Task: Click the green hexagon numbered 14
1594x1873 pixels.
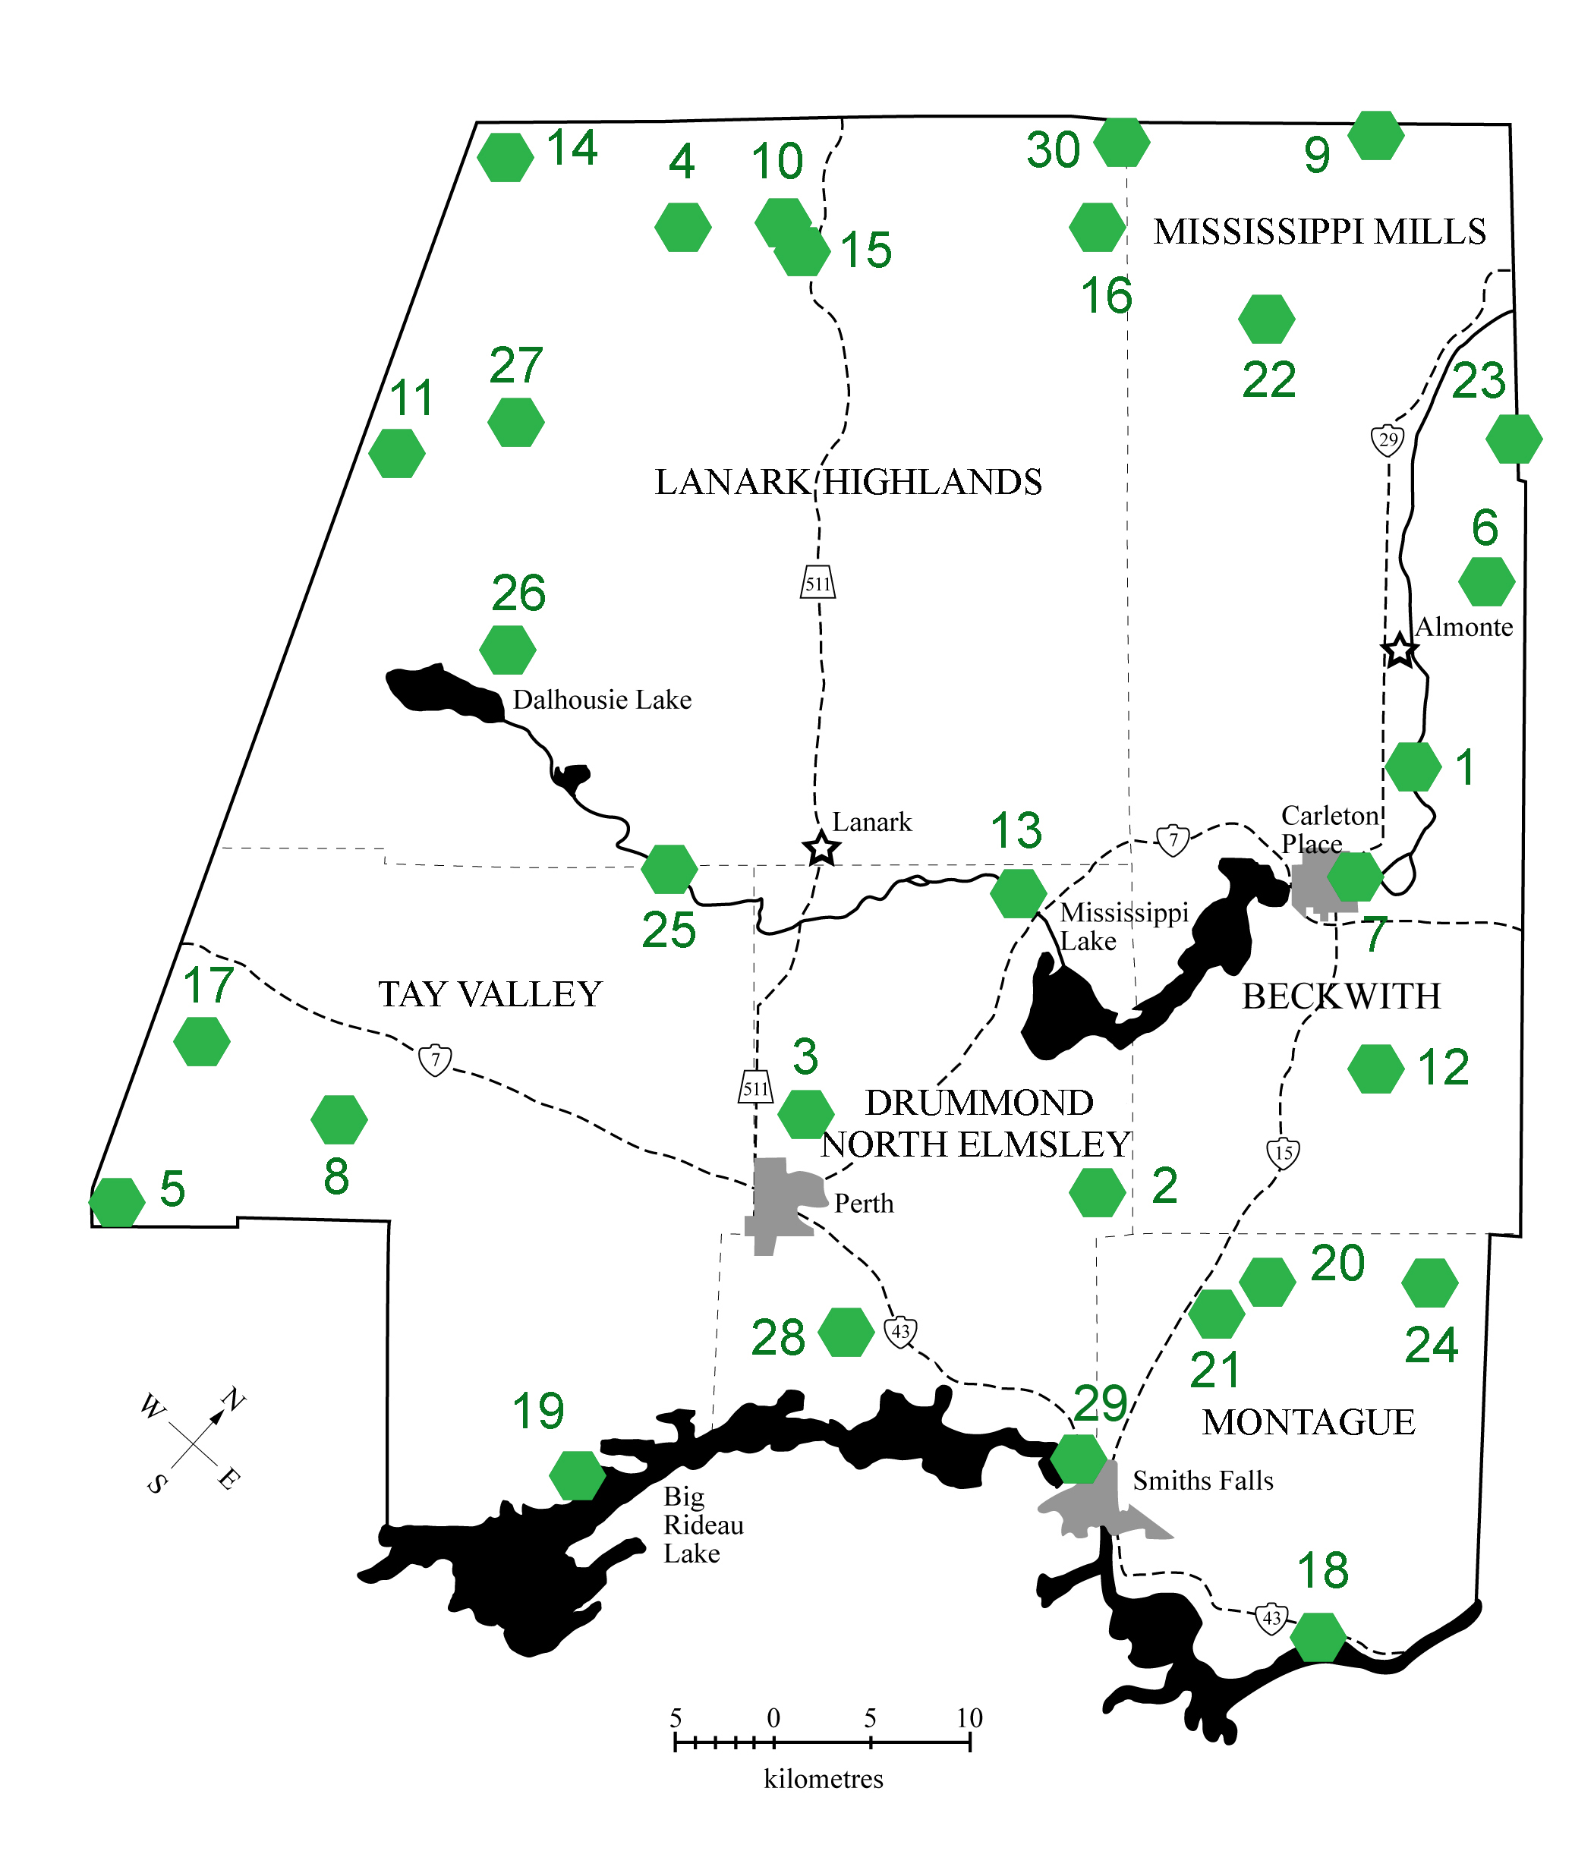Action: (x=504, y=157)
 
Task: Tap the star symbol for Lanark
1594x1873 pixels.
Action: (x=821, y=848)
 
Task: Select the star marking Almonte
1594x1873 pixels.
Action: (x=1399, y=650)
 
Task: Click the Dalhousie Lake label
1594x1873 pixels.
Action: (x=602, y=700)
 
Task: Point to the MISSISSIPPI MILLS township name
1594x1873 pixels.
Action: (x=1319, y=232)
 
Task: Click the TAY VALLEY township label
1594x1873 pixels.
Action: (x=490, y=995)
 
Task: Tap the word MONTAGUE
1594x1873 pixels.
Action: (x=1309, y=1423)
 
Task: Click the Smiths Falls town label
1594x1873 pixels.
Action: (x=1203, y=1481)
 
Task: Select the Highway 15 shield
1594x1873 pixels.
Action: (x=1283, y=1153)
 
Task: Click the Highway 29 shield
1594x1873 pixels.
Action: (x=1388, y=440)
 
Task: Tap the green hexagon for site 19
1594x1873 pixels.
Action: (x=578, y=1475)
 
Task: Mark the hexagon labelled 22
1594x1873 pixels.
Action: (x=1266, y=319)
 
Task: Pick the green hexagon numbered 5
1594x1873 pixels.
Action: (x=117, y=1203)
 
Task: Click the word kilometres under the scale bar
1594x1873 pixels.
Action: (x=824, y=1779)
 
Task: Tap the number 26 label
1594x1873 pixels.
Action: (x=518, y=593)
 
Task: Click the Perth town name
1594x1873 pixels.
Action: (x=864, y=1204)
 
